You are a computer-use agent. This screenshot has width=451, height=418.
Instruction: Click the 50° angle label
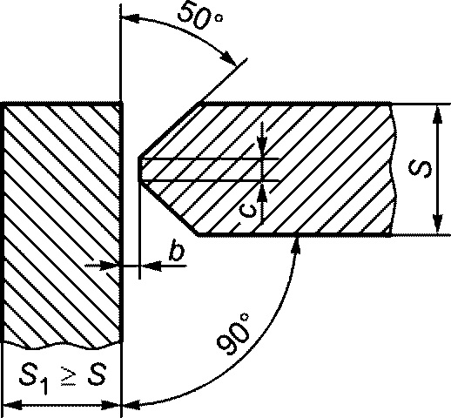click(200, 16)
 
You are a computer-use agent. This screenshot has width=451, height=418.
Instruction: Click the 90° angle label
click(233, 334)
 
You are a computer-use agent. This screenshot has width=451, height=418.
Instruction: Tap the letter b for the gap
click(177, 250)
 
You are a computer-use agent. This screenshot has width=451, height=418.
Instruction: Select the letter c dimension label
click(249, 211)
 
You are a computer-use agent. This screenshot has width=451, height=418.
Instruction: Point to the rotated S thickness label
click(420, 168)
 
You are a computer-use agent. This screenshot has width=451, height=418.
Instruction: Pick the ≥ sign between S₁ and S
click(69, 376)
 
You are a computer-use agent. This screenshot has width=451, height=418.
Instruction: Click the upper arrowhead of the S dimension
click(438, 114)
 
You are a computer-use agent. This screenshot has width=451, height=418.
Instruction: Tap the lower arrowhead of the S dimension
click(438, 224)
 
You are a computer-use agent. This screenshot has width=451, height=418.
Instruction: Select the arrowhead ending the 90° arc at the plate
click(296, 245)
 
